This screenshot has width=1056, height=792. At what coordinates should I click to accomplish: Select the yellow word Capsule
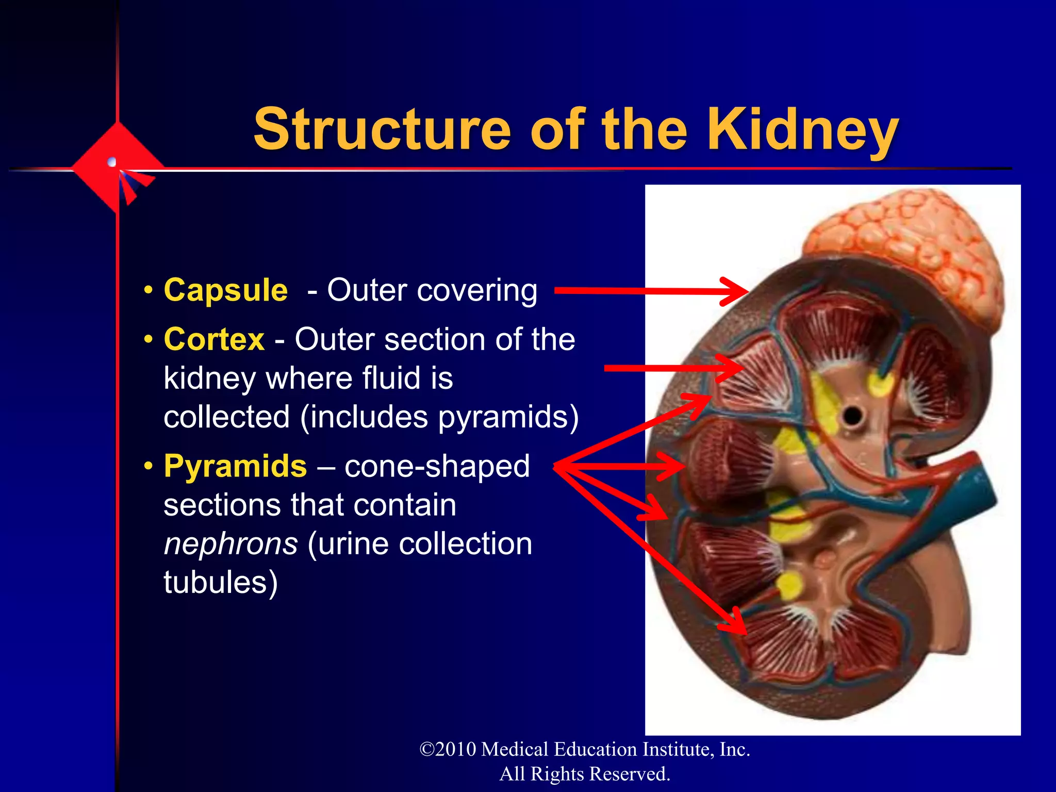(x=226, y=290)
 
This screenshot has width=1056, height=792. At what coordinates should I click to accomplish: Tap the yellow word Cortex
(x=214, y=339)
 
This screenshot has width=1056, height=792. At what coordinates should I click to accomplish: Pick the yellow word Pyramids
(x=235, y=466)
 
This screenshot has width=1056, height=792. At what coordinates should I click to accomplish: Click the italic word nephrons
(x=230, y=543)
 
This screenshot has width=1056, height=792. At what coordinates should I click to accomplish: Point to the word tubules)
(x=221, y=582)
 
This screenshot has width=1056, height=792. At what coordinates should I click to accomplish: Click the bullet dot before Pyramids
(x=148, y=467)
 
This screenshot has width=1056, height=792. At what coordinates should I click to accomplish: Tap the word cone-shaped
(x=437, y=466)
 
